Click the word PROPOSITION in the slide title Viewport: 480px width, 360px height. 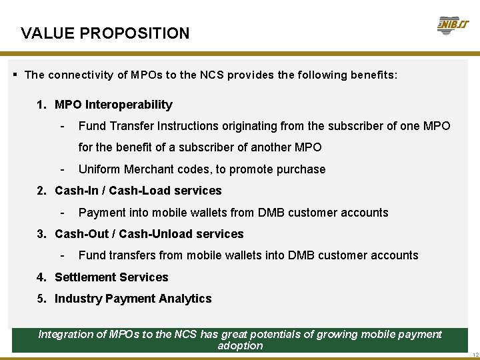click(143, 33)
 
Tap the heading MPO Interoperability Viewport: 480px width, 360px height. click(113, 105)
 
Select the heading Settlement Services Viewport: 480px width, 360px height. click(111, 277)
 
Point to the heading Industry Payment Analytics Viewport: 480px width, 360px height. click(133, 299)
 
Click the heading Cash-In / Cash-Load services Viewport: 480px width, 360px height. click(138, 191)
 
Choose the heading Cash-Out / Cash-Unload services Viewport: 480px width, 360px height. click(149, 234)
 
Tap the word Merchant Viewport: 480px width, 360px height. click(144, 169)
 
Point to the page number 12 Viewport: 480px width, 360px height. click(474, 354)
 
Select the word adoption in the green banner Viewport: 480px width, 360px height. click(240, 346)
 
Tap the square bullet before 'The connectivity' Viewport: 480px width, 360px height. click(15, 75)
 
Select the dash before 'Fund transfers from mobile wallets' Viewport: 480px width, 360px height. click(62, 255)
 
